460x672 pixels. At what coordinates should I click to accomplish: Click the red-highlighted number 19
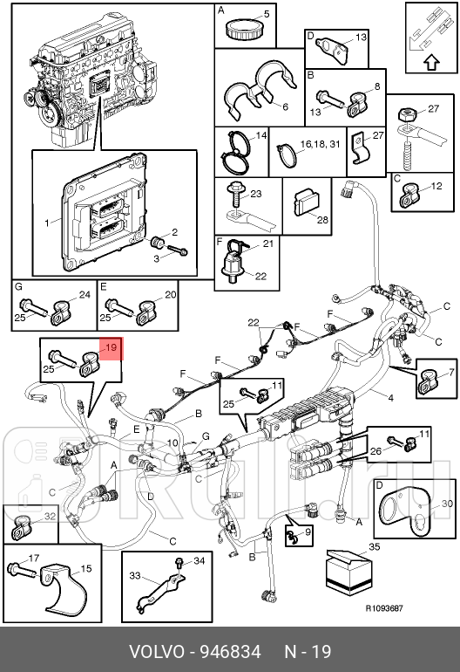(x=111, y=347)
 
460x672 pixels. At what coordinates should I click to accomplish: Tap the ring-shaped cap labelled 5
(x=240, y=29)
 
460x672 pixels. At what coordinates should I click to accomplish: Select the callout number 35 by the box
(x=374, y=547)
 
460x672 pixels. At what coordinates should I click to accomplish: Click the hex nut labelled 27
(x=405, y=115)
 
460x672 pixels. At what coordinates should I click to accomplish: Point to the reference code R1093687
(x=384, y=608)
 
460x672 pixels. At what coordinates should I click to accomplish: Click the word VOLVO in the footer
(x=156, y=652)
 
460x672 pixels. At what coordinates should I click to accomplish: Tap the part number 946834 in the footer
(x=231, y=652)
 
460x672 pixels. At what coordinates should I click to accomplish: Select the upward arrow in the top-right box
(x=432, y=63)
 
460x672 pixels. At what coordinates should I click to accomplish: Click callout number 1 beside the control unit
(x=47, y=223)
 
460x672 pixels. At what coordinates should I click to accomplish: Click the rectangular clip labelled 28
(x=307, y=202)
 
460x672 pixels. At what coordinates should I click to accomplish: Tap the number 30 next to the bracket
(x=446, y=503)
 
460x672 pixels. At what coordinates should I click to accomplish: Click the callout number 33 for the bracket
(x=135, y=575)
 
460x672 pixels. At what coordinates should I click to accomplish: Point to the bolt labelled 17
(x=22, y=571)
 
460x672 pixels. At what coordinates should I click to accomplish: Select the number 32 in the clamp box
(x=50, y=516)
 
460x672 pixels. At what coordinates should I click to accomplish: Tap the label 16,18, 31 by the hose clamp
(x=320, y=144)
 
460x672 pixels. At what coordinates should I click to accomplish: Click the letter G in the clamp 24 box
(x=18, y=287)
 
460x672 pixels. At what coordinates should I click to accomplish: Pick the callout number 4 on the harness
(x=390, y=398)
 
